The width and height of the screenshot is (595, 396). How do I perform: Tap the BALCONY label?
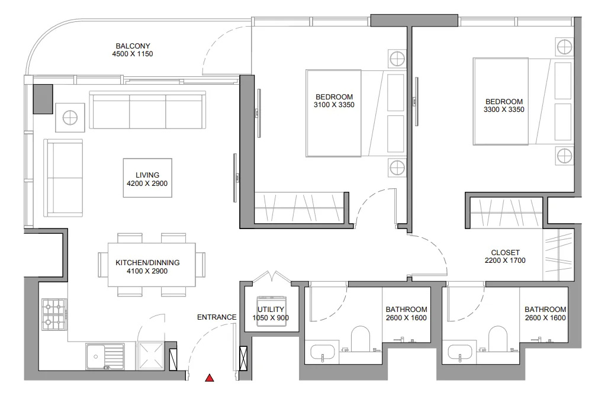(x=133, y=46)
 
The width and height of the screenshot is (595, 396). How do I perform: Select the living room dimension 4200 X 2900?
(x=147, y=184)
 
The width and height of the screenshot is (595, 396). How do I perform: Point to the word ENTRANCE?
(x=217, y=317)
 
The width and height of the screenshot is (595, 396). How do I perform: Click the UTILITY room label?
(x=271, y=310)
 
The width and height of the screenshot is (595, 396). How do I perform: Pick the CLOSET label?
(x=505, y=253)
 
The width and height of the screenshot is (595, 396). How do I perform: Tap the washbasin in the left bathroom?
(x=323, y=353)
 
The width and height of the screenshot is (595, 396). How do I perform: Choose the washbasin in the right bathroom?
(x=460, y=353)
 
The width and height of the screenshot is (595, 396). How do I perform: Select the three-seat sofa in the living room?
(x=147, y=111)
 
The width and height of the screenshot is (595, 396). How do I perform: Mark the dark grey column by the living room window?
(x=43, y=98)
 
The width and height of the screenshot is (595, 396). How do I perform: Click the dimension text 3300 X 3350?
(x=504, y=110)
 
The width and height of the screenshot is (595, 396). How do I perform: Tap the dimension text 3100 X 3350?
(x=334, y=105)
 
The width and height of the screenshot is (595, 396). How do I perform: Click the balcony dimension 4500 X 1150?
(x=133, y=54)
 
